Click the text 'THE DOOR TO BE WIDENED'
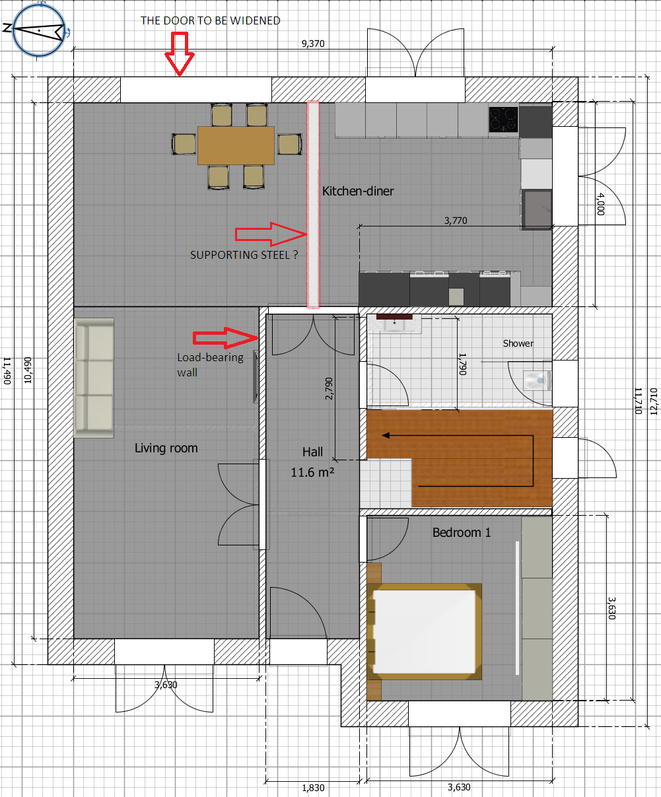tap(211, 20)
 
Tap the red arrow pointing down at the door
tap(180, 54)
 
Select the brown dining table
tap(236, 145)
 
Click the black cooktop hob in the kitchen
tap(504, 119)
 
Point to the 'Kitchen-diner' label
tap(358, 191)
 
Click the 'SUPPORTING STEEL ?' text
tap(244, 255)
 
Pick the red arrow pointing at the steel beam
tap(271, 234)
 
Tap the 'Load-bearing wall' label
tap(211, 365)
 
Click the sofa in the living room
tap(94, 378)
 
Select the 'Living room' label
tap(166, 448)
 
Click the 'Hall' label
tap(312, 452)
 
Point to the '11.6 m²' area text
tap(312, 473)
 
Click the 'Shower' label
tap(518, 343)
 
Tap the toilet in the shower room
tap(538, 380)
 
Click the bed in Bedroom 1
tap(424, 631)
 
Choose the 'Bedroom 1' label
tap(462, 532)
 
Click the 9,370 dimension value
tap(313, 44)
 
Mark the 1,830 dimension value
tap(313, 788)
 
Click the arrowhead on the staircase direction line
tap(386, 435)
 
